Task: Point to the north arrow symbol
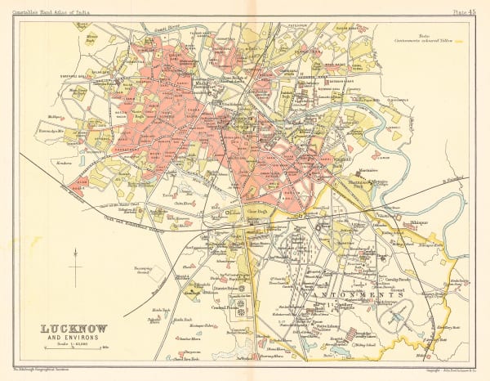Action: click(74, 269)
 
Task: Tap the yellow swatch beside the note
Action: click(459, 40)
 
